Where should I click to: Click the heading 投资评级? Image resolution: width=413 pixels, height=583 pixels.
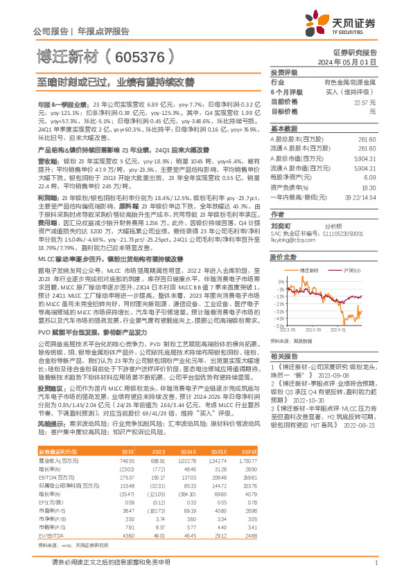click(283, 72)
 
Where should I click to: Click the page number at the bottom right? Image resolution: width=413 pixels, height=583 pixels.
click(375, 564)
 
